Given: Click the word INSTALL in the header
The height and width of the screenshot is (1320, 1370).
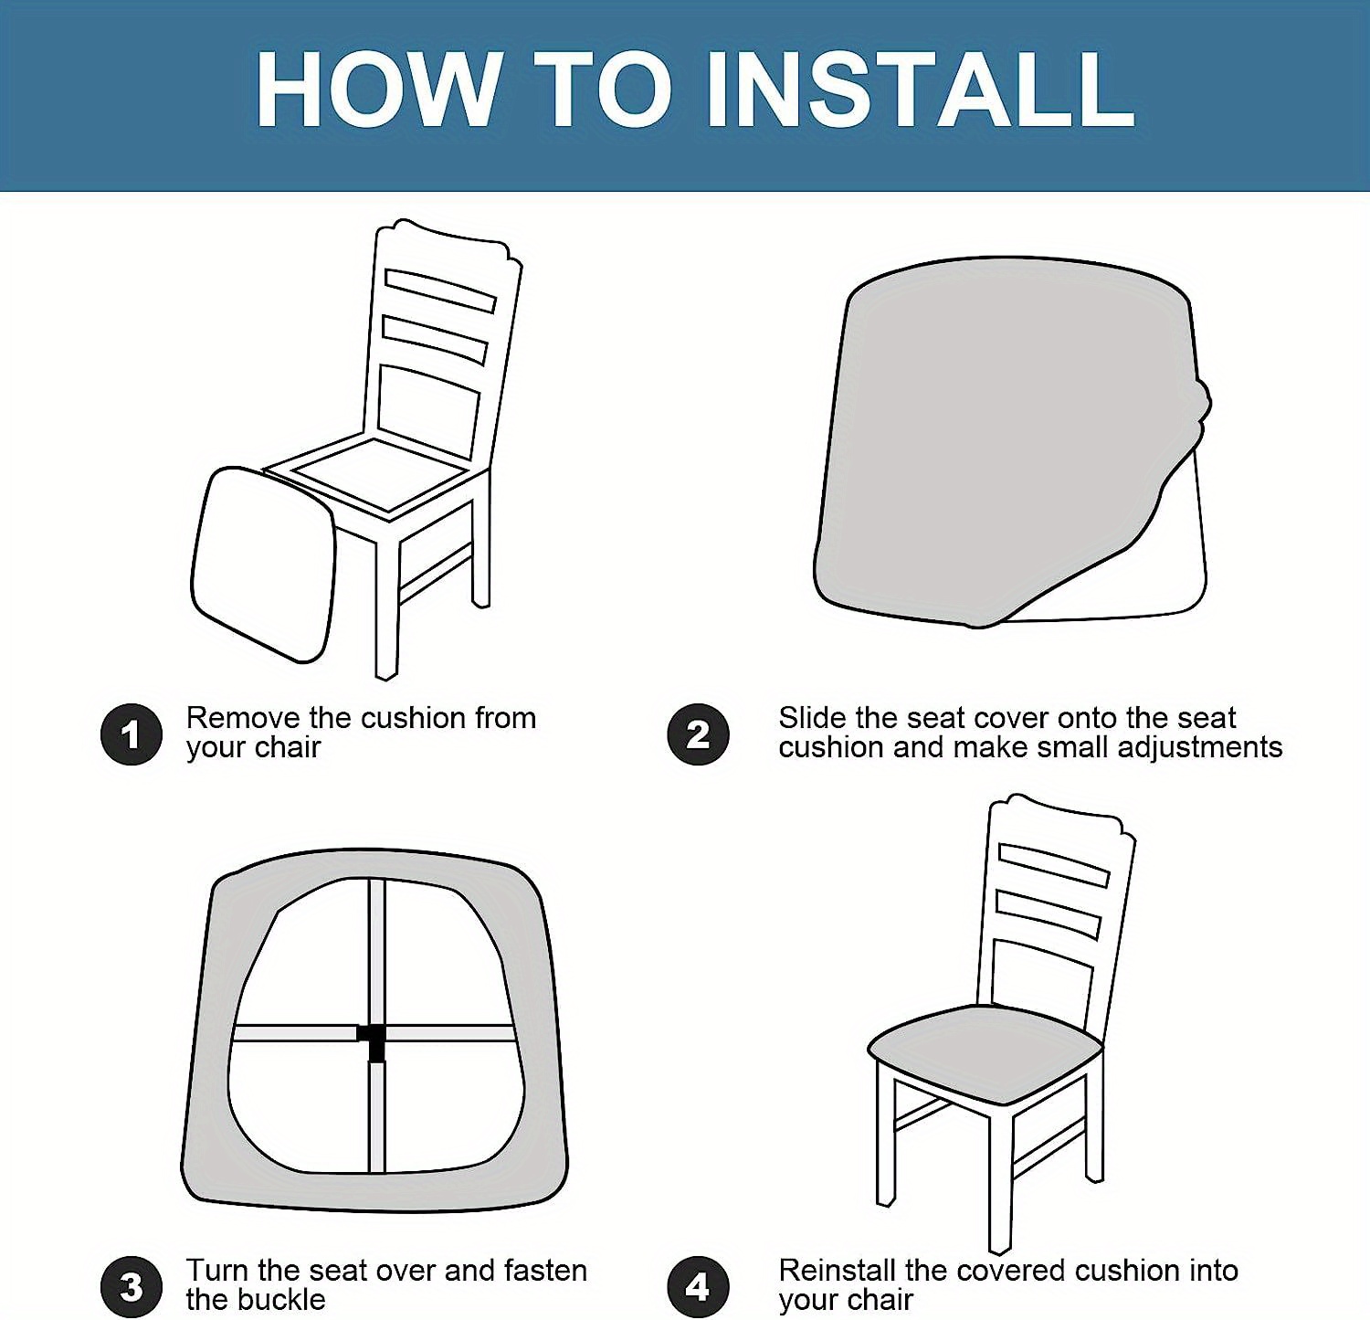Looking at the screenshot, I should (x=921, y=90).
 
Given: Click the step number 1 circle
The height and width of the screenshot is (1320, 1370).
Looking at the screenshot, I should (x=132, y=734).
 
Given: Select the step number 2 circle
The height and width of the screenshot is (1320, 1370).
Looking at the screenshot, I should (x=698, y=734).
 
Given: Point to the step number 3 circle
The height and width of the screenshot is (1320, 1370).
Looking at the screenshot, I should (x=132, y=1286).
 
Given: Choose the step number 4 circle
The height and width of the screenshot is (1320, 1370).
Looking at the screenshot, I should (x=698, y=1286).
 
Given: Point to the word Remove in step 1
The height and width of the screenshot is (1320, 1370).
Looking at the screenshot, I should (x=243, y=718).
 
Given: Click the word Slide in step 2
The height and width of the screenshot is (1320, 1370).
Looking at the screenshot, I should (x=812, y=718).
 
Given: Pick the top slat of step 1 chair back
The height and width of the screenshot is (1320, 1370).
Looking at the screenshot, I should (x=439, y=290).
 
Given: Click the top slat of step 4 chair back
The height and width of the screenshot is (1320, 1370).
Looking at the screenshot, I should (x=1053, y=865).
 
